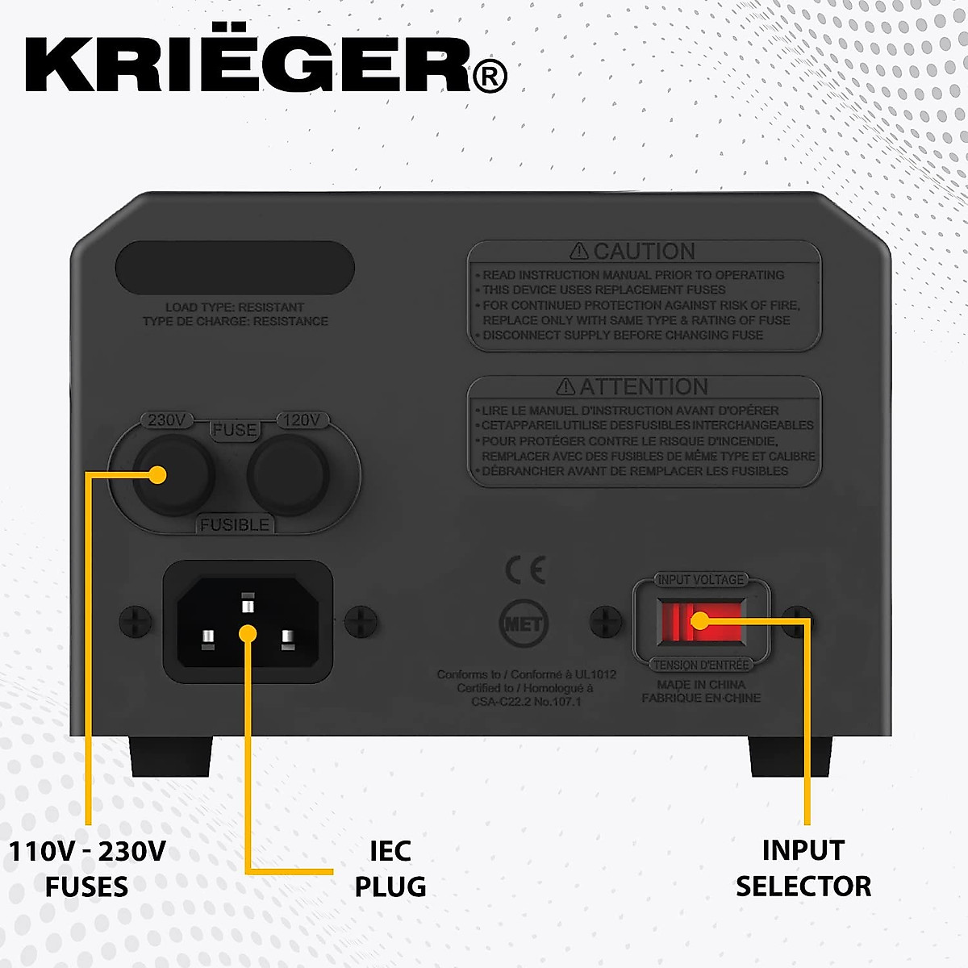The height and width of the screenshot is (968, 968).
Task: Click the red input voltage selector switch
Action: pos(700,621)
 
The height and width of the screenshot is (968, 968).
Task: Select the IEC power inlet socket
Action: pos(248,622)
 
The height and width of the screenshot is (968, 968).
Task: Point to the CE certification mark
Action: pos(525,570)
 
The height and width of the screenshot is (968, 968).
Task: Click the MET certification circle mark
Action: pos(524,624)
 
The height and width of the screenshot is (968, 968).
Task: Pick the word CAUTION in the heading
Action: pos(644,252)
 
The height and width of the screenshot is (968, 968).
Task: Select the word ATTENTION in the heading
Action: pos(643,387)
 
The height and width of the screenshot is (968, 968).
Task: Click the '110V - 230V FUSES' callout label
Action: pos(87,869)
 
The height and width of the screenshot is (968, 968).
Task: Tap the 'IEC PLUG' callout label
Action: pos(390,869)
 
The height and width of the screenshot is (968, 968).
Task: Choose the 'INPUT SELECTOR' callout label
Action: pos(803,869)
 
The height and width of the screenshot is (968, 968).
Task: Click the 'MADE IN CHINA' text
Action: pos(700,685)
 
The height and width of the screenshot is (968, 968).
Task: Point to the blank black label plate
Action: pos(235,268)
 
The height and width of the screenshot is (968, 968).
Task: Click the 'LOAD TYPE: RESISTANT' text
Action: pos(235,307)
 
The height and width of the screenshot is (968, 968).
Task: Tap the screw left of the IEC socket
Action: pos(135,621)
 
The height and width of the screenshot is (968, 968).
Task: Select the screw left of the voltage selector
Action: pos(606,621)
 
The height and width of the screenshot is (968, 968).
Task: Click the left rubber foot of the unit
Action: pos(171,756)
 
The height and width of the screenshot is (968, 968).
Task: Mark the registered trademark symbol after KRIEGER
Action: pos(489,77)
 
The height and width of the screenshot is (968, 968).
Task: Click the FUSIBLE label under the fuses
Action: pos(235,525)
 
